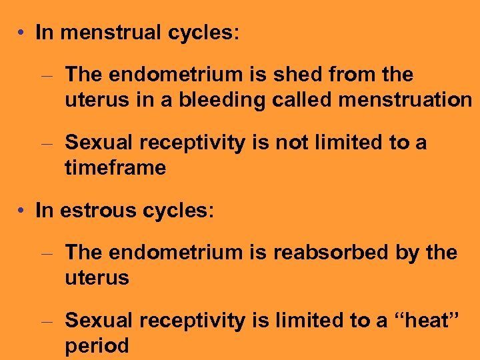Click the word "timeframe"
(115, 168)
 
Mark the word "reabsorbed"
(329, 253)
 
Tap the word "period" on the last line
(97, 346)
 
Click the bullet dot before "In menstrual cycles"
(23, 33)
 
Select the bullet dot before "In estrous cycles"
(23, 211)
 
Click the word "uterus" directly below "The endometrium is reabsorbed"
(97, 278)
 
